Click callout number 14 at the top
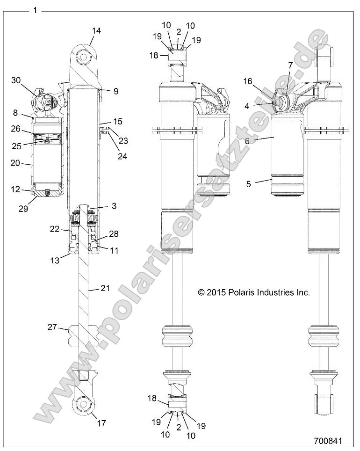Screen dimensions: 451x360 tap(96, 31)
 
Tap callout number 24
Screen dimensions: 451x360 tap(122, 156)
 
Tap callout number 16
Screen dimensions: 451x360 tap(248, 81)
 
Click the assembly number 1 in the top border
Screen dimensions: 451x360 tap(35, 10)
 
